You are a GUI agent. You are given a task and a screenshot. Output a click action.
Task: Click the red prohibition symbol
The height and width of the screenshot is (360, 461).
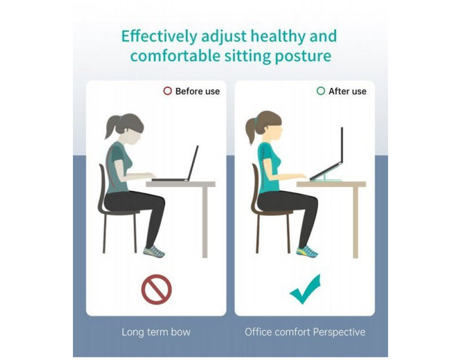coord(156,289)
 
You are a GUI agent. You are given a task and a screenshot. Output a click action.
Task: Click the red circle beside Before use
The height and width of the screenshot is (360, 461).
coord(167,91)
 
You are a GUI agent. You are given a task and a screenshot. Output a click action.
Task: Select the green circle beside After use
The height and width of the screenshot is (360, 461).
coord(321,91)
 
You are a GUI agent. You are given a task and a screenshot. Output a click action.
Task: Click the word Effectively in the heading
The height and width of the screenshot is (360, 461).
coord(159,36)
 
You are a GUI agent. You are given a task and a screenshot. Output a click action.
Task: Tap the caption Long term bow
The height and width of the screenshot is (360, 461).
coord(156,332)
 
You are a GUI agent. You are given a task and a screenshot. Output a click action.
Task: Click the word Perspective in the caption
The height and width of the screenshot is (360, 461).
coord(339,332)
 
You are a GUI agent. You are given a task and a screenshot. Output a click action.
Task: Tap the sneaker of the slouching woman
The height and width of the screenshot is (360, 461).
coord(154,252)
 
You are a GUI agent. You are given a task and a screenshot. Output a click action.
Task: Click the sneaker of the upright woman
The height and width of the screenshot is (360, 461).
coord(307,252)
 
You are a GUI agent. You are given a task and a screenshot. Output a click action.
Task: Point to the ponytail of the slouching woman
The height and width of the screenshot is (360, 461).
coord(112,127)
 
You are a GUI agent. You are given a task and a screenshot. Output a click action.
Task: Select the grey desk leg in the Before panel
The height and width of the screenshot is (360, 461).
coord(205,222)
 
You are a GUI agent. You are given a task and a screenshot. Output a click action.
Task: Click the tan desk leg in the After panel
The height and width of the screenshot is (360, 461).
coord(356,222)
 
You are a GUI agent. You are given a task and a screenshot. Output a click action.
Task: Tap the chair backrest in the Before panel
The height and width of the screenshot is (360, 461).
coord(101,188)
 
